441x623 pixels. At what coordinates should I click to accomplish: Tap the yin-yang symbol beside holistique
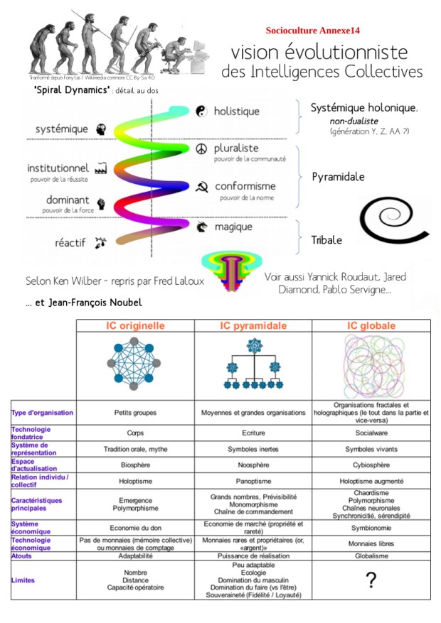coord(201,111)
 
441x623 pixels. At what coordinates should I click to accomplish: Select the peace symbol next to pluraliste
coord(201,149)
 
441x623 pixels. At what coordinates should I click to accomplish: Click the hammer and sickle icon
coord(201,187)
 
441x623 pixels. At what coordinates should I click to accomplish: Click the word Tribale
coord(326,240)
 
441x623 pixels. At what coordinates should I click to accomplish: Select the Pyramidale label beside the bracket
coord(339,176)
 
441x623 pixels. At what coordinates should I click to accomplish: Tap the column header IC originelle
coord(135,326)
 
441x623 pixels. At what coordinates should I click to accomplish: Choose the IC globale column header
coord(371,326)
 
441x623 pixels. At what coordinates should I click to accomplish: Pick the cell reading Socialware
coord(371,431)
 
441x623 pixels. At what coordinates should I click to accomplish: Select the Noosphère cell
coord(253,465)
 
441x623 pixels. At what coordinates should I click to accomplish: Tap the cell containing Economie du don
coord(135,528)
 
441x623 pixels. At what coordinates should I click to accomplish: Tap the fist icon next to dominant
coord(100,204)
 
